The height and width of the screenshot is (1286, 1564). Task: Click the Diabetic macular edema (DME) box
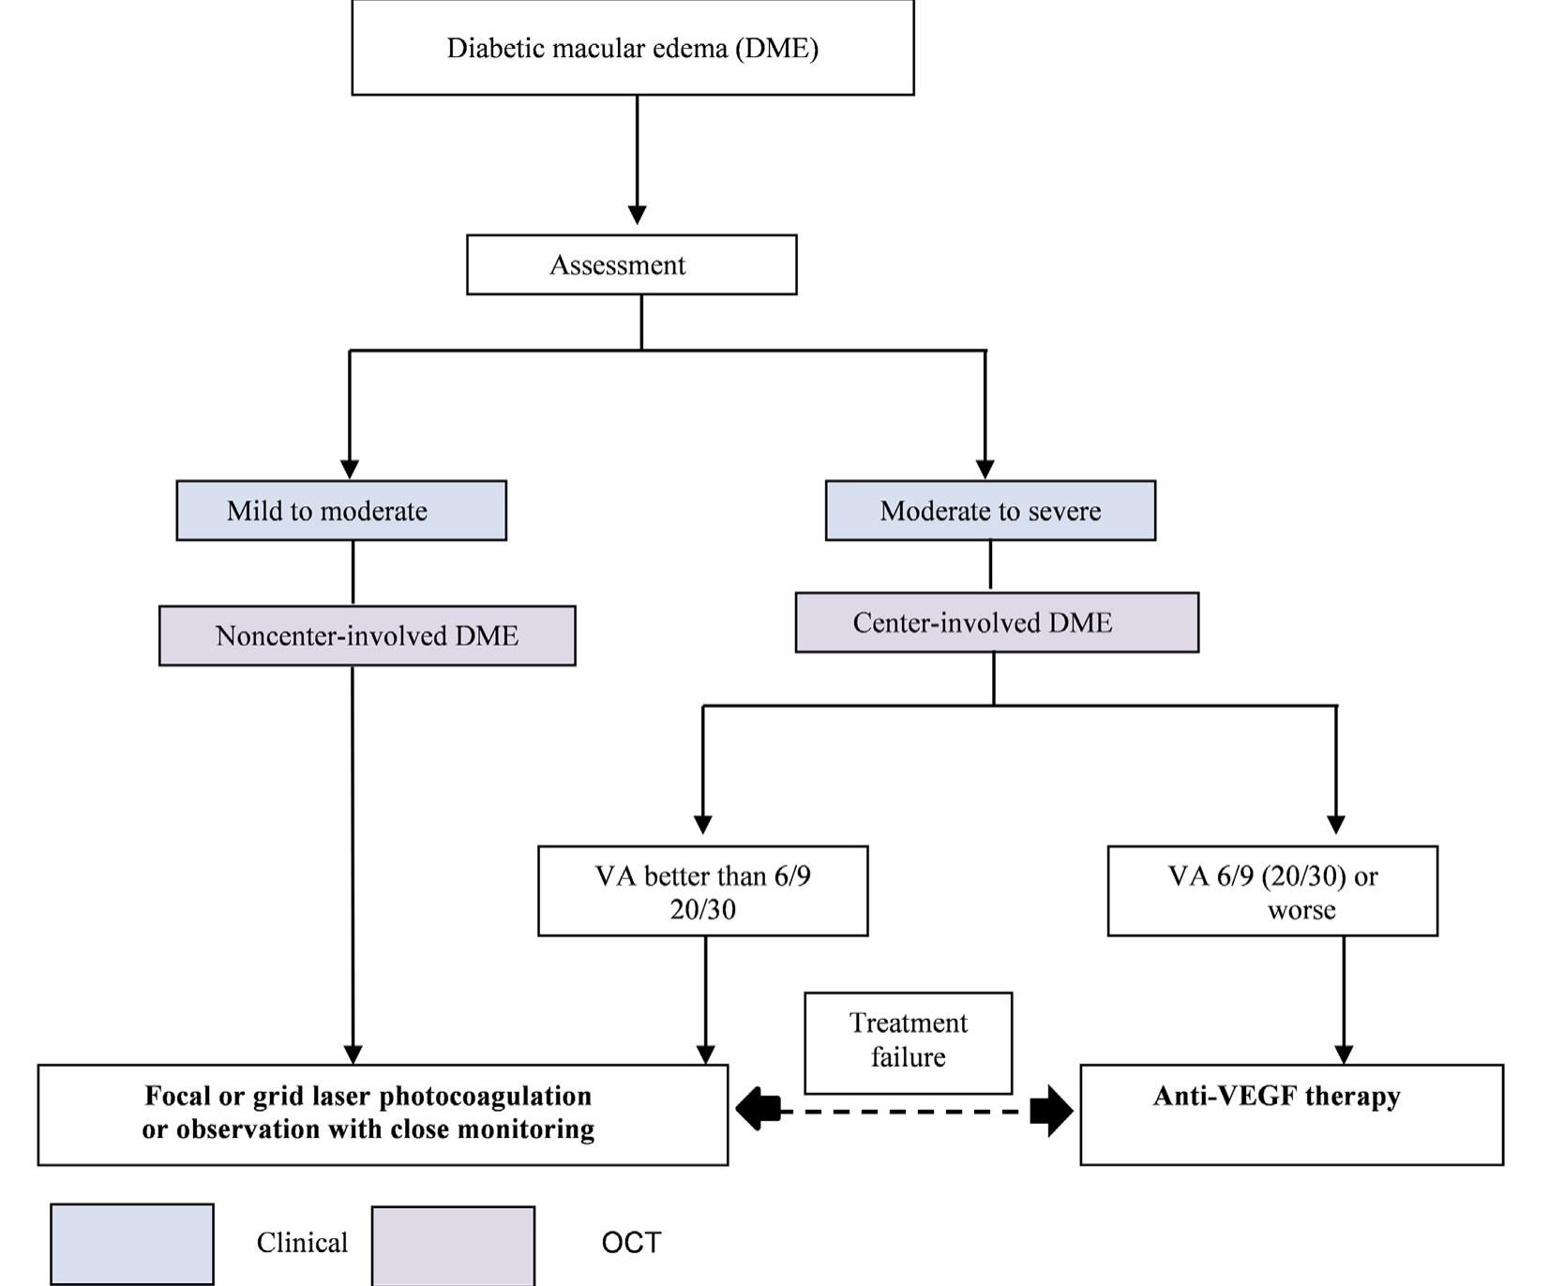tap(632, 48)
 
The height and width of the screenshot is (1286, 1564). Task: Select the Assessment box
tap(631, 265)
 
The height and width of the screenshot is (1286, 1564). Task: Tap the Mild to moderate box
tap(341, 511)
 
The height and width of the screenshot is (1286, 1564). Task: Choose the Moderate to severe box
tap(990, 511)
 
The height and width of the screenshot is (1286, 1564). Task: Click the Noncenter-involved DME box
tap(367, 636)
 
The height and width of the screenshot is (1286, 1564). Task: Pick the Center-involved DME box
tap(997, 622)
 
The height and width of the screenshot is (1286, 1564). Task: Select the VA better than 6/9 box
tap(702, 890)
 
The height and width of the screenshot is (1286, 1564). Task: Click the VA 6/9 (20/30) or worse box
tap(1272, 890)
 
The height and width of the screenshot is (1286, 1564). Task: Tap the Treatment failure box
tap(908, 1042)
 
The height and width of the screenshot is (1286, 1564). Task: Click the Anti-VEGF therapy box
tap(1291, 1114)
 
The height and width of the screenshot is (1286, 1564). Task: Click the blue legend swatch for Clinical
tap(132, 1244)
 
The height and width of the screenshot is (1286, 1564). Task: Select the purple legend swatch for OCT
tap(453, 1245)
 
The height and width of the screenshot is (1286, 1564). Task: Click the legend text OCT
tap(631, 1243)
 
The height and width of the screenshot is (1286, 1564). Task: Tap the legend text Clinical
tap(302, 1243)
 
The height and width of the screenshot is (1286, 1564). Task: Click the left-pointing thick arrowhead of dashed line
tap(757, 1111)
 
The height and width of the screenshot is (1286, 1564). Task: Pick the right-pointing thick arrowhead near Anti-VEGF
tap(1052, 1111)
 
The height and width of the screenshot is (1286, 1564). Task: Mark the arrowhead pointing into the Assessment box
tap(637, 215)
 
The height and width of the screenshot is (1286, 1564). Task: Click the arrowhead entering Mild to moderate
tap(350, 469)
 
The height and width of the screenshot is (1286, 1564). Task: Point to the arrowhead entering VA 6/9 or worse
tap(1336, 825)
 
